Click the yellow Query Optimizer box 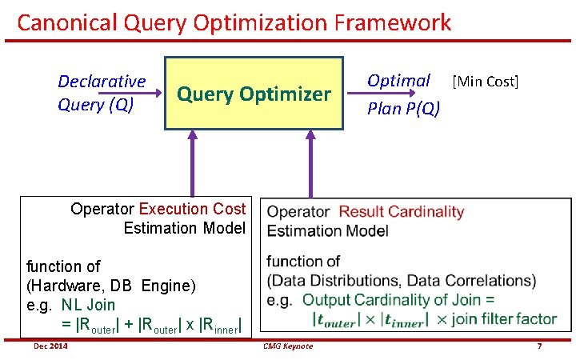pos(254,94)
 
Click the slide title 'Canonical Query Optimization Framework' pos(234,22)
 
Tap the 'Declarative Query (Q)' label pos(102,93)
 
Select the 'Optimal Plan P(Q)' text pos(402,94)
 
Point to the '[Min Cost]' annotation pos(486,82)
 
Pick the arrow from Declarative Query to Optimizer pos(149,94)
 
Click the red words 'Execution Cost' pos(192,209)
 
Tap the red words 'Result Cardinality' pos(401,212)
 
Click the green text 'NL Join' pos(88,305)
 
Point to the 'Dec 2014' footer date pos(50,346)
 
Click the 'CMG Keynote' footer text pos(287,346)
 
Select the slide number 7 pos(540,346)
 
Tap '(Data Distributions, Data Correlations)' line pos(402,280)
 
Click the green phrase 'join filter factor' pos(504,318)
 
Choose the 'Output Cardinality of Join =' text pos(398,299)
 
